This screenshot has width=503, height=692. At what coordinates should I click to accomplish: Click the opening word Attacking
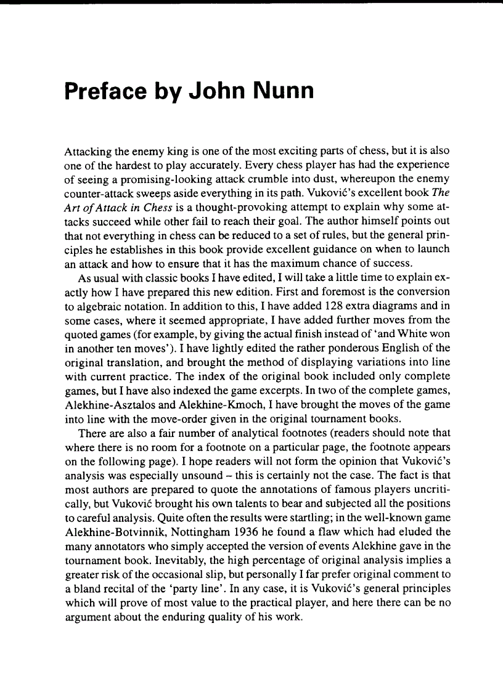coord(87,150)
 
